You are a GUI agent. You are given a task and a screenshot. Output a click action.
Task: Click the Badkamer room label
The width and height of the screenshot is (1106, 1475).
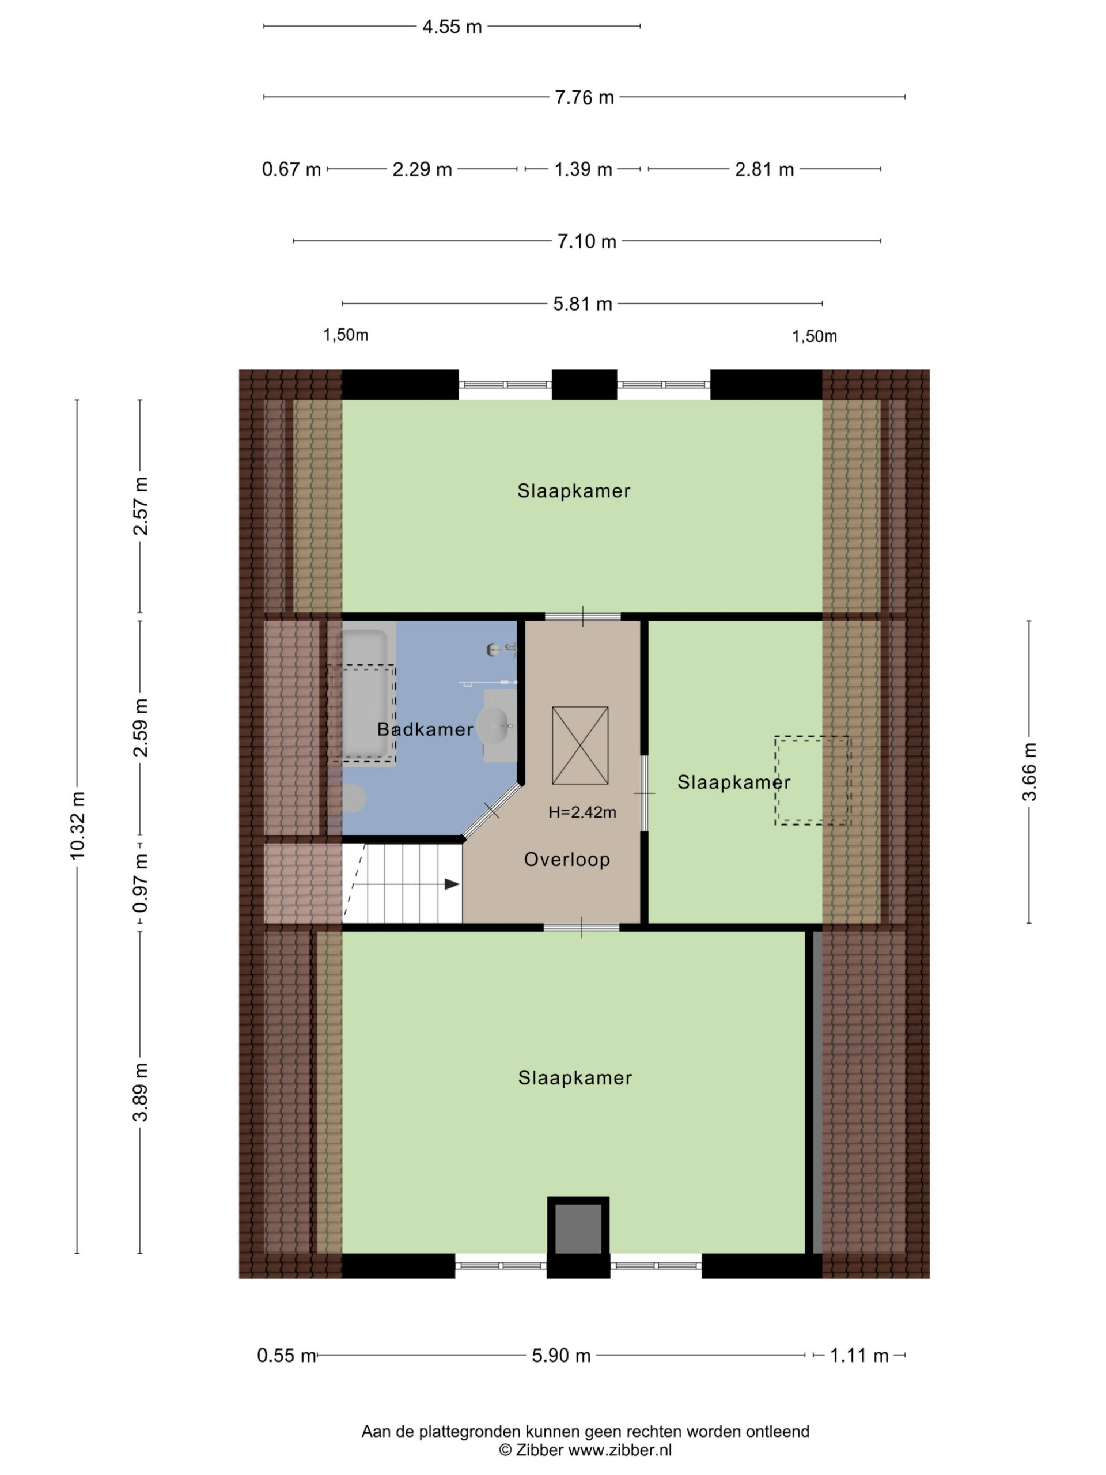(425, 729)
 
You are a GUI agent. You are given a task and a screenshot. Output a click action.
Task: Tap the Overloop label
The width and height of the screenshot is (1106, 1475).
(567, 859)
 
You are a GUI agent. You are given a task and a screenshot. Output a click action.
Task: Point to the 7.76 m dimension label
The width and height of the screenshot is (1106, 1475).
(584, 97)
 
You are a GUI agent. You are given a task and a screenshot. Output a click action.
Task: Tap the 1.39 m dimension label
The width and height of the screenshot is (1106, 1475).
(583, 169)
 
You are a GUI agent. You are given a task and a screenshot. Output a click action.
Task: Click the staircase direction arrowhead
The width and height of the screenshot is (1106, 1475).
(452, 884)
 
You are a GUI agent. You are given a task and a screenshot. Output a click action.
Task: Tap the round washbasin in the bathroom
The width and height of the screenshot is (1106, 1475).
(495, 725)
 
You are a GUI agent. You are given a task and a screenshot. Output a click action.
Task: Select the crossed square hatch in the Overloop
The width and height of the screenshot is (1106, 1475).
(580, 745)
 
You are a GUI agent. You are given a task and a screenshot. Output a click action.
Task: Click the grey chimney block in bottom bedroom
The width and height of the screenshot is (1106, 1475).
(578, 1228)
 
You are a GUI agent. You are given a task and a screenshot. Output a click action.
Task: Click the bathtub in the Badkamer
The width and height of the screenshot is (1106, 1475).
(365, 694)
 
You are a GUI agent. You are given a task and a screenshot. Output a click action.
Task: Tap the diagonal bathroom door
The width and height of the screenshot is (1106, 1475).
(492, 810)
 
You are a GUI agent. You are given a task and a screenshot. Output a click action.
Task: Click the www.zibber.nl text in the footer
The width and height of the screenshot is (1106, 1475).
(620, 1450)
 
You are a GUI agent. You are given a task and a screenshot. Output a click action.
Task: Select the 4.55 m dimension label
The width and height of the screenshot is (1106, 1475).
(452, 27)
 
